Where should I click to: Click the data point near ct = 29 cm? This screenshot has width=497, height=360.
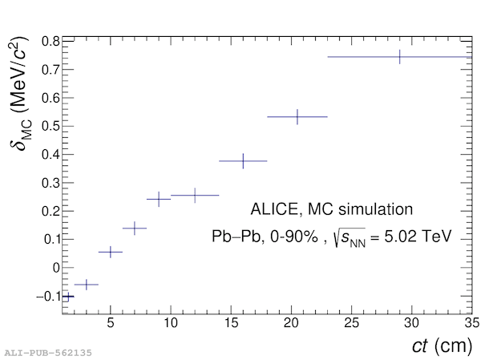point(399,57)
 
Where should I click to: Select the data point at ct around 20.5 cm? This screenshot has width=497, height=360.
point(297,117)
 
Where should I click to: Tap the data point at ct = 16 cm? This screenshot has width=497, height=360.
point(243,161)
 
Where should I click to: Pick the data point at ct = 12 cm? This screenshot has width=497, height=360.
point(195,195)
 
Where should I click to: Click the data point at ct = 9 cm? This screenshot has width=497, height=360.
point(159,199)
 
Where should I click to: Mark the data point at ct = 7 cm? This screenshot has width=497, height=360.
point(135,229)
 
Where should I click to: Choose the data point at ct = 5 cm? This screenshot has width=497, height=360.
point(111,252)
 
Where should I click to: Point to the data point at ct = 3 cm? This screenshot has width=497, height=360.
point(87,285)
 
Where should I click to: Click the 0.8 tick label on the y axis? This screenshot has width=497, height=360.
point(51,42)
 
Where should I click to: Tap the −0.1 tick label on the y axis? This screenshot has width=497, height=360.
point(46,297)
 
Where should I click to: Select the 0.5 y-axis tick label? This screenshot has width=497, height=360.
point(51,127)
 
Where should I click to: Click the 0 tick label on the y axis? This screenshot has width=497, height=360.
point(55,268)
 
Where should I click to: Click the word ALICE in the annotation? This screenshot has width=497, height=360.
point(274,210)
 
